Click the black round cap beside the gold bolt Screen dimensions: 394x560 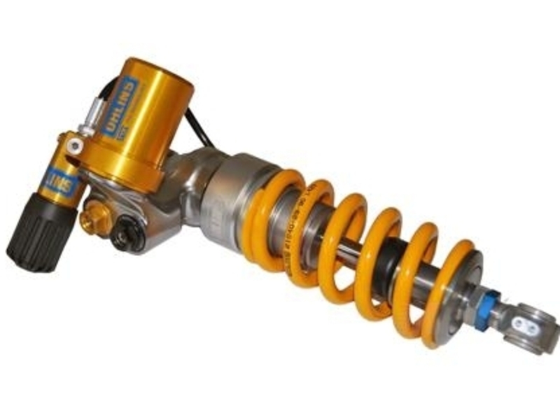(x=126, y=234)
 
